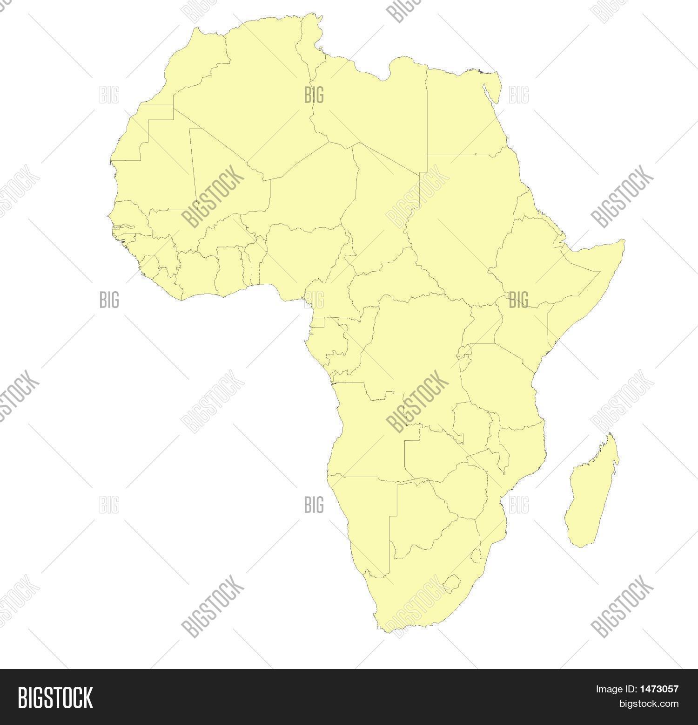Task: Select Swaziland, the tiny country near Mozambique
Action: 477,556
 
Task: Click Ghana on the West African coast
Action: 228,268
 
